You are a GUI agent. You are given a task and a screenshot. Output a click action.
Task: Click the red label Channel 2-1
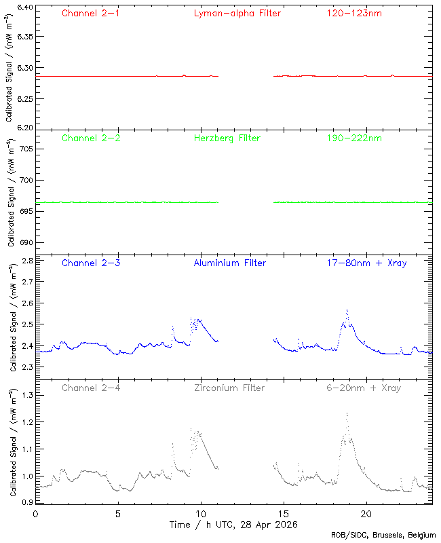(x=91, y=13)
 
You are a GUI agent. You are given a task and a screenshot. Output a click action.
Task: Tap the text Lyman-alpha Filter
(x=237, y=13)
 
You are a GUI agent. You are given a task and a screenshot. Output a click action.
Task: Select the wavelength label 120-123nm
(x=353, y=13)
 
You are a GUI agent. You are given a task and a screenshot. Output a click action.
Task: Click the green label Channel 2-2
(x=91, y=138)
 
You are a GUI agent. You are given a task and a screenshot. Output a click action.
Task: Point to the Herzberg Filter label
(x=227, y=138)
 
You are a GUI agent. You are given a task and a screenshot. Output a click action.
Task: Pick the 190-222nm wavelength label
(x=353, y=138)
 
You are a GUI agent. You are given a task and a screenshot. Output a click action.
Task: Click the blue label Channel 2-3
(x=91, y=263)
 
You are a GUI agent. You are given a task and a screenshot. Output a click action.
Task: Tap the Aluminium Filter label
(x=229, y=263)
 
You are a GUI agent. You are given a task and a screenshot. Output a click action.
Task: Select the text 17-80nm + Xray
(x=366, y=263)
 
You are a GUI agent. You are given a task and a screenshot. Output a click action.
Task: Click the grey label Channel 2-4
(x=91, y=388)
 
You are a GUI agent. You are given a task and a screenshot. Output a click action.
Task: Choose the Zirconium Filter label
(x=229, y=388)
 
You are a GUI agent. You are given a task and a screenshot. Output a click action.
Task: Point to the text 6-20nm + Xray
(x=363, y=388)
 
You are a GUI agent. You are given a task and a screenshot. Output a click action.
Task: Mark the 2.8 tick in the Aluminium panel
(x=26, y=261)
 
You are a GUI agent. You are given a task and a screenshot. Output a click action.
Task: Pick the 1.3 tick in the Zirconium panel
(x=26, y=394)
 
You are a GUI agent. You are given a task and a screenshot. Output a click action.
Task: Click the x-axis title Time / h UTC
(x=234, y=525)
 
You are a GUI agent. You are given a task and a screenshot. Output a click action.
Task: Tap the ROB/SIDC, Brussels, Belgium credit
(x=388, y=536)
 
